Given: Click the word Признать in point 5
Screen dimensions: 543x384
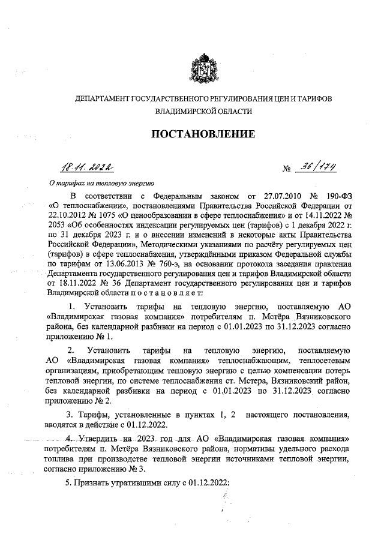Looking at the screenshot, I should tap(97, 484).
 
